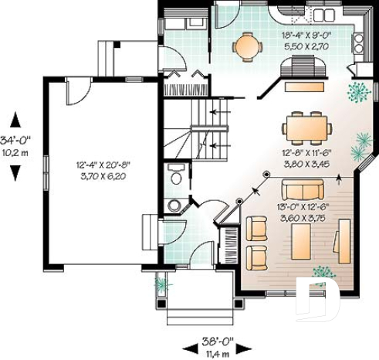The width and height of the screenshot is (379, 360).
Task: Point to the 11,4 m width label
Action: [x=209, y=353]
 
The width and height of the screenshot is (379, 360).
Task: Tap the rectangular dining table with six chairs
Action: [x=306, y=124]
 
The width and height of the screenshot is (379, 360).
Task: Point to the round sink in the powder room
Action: [x=174, y=205]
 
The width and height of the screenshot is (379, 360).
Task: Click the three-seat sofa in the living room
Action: [x=303, y=190]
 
